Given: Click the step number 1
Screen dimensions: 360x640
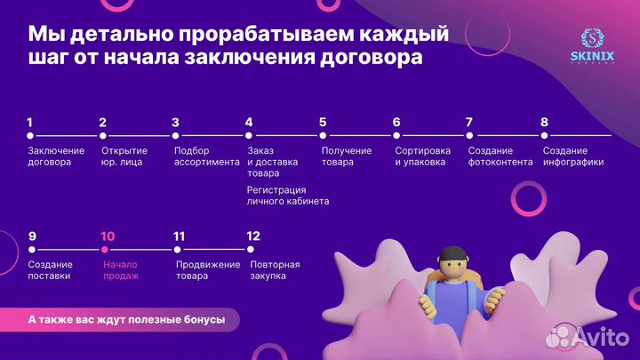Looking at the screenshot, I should coord(29,123).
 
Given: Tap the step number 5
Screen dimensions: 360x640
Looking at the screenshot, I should coord(323,123).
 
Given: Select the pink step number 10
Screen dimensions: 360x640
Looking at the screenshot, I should coord(108,236).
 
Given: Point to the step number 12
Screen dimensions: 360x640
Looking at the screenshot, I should coord(253,236).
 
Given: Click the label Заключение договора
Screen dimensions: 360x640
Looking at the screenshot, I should coord(55,156).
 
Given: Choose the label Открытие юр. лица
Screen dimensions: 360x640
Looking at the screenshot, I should coord(124,156).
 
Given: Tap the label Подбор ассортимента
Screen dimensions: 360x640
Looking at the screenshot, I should coord(206,156).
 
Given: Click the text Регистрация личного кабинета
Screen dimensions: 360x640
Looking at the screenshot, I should coord(287,196).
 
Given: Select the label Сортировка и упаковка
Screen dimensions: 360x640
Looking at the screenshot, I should coord(422,156).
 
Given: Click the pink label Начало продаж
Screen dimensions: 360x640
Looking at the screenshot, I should coord(121,270).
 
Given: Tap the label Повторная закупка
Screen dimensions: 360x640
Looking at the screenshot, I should coord(275,270).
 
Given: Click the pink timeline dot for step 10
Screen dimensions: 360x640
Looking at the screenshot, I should coord(105,250).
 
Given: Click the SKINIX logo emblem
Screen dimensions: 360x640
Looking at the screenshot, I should coord(592,40).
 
